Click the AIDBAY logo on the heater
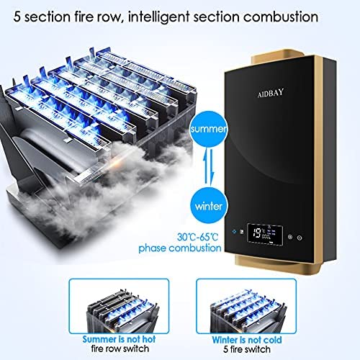point(271,93)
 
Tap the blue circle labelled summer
point(208,130)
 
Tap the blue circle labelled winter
point(208,206)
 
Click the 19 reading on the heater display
point(258,233)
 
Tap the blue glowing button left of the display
point(234,232)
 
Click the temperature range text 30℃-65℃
point(198,237)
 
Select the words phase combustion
point(180,248)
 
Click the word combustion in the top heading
point(281,17)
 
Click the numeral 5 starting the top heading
point(17,17)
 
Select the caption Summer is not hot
point(119,339)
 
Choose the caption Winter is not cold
point(247,340)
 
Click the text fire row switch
point(120,348)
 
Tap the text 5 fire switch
point(247,349)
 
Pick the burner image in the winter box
point(248,310)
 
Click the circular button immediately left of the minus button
point(290,237)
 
